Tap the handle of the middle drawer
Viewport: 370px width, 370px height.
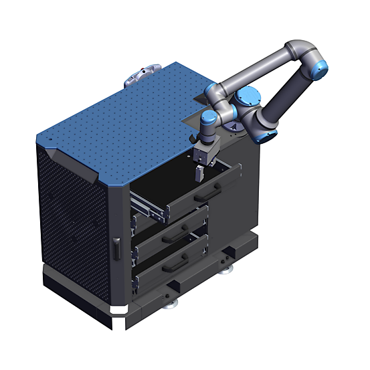pyautogui.click(x=180, y=229)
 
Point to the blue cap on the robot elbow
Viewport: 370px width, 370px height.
pyautogui.click(x=320, y=66)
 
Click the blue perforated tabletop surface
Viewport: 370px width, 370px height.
pyautogui.click(x=120, y=120)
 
